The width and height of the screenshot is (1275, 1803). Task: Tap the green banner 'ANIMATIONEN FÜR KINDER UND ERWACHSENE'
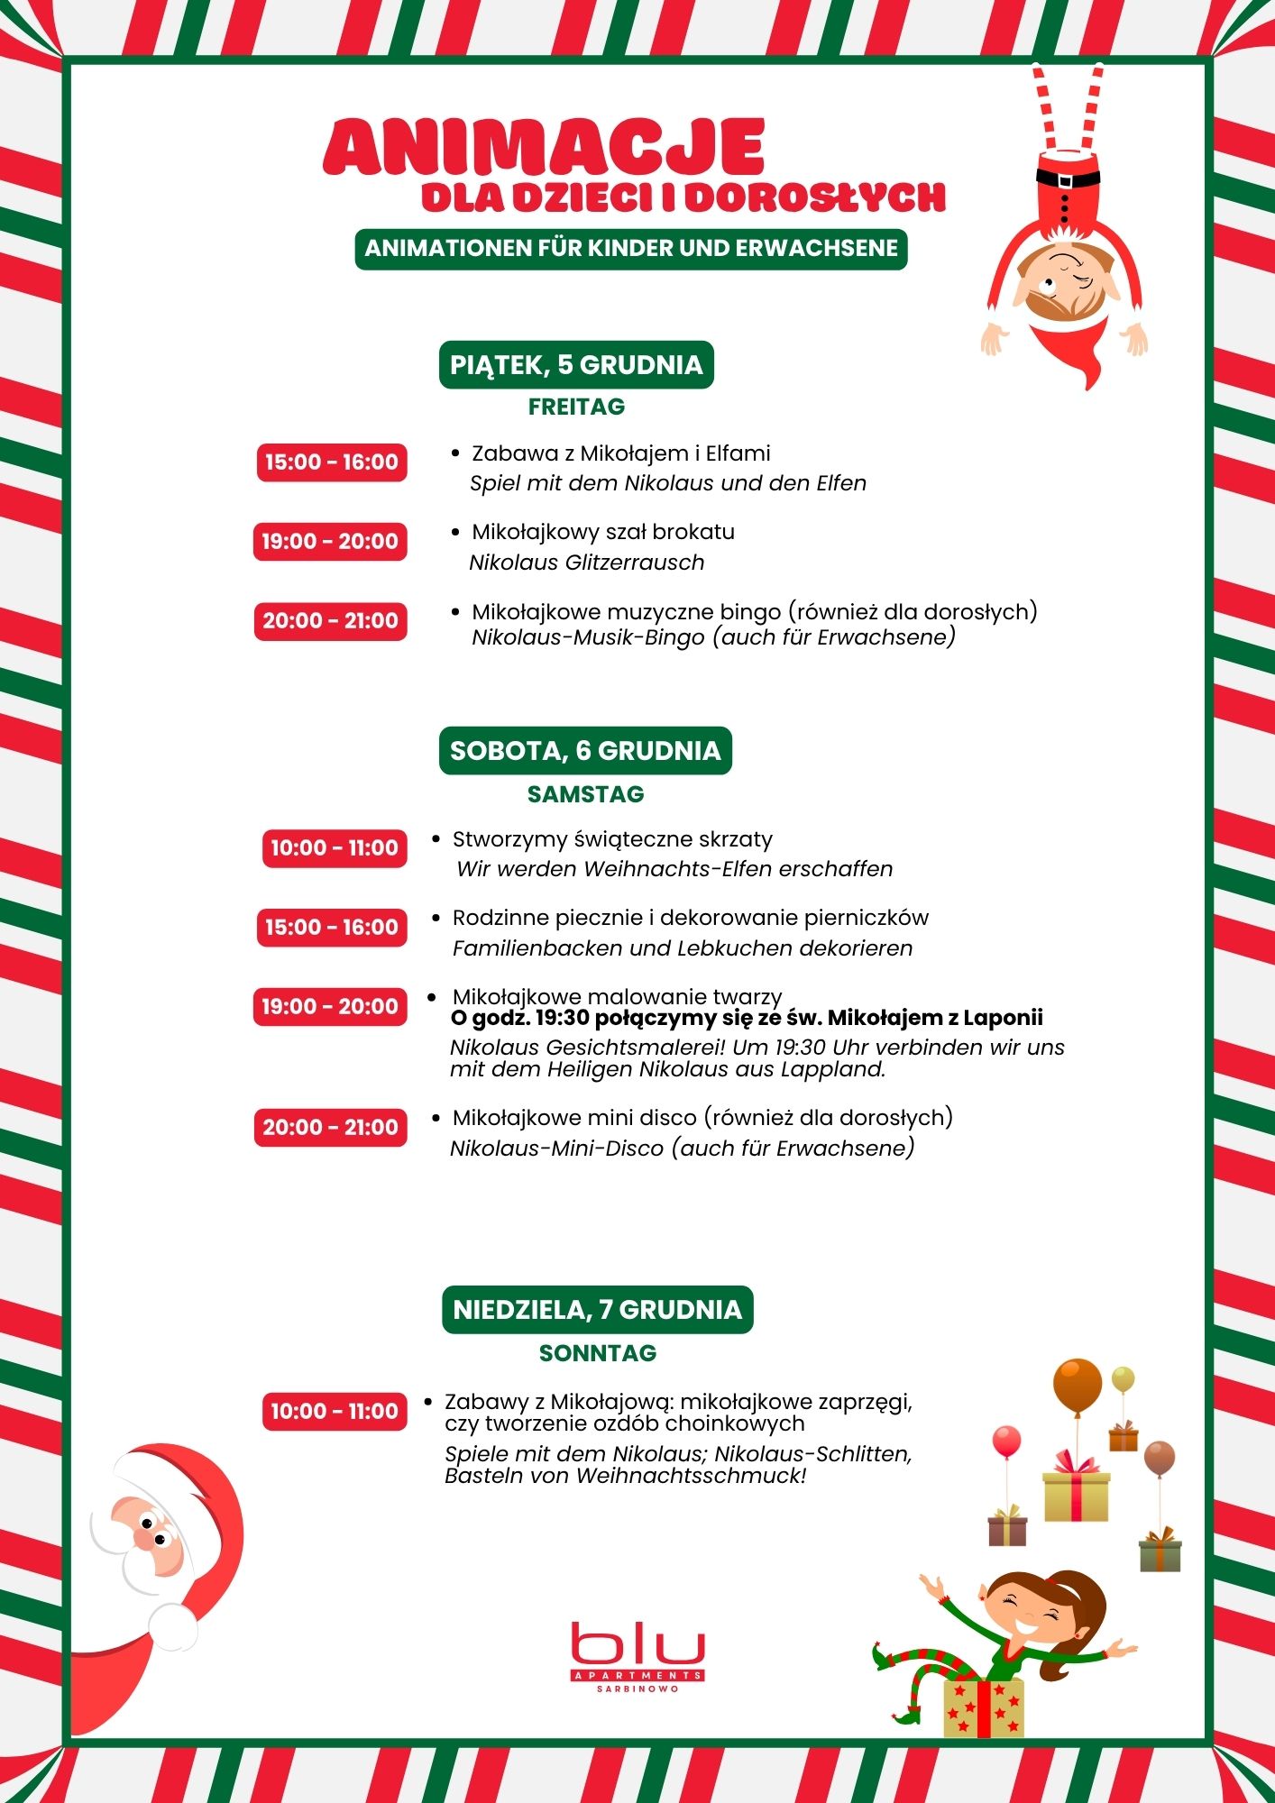click(x=631, y=249)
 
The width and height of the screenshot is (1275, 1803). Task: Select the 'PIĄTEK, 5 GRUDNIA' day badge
click(x=576, y=365)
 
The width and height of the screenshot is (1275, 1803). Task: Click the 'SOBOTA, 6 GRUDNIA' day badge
click(x=585, y=751)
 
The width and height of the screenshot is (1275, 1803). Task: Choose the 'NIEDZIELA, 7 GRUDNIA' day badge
click(x=597, y=1310)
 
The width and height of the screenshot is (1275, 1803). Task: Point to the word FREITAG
click(x=576, y=407)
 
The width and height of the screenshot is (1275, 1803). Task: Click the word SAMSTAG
click(x=585, y=794)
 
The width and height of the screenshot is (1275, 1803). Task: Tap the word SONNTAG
click(x=598, y=1353)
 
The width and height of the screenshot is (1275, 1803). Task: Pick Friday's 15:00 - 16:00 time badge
click(x=332, y=462)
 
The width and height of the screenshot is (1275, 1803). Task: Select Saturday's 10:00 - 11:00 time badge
click(x=335, y=848)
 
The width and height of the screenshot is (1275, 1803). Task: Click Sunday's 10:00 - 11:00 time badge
click(x=335, y=1412)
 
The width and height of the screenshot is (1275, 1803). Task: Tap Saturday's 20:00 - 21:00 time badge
click(x=330, y=1128)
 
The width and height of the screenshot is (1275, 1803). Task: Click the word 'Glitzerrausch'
click(x=635, y=563)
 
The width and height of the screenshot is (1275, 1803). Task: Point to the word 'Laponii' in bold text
click(x=1002, y=1018)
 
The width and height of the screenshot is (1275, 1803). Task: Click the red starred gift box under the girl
click(x=984, y=1707)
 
